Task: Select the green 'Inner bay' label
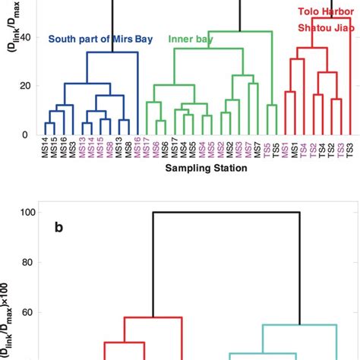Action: coord(190,39)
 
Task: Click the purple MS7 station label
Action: coord(248,147)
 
